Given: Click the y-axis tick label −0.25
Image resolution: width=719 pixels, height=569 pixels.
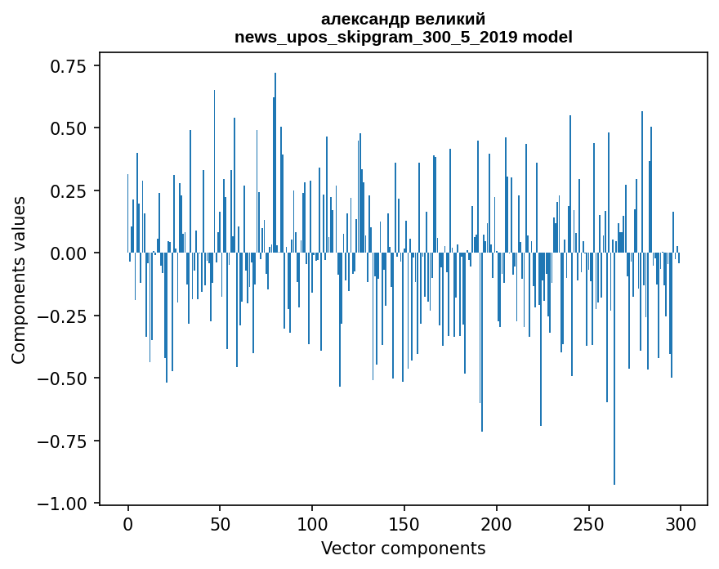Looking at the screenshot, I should pyautogui.click(x=64, y=316).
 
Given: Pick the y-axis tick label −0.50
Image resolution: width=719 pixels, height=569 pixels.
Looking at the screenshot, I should pyautogui.click(x=64, y=379).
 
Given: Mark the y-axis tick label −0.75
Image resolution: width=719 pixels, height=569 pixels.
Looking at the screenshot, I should pyautogui.click(x=64, y=441).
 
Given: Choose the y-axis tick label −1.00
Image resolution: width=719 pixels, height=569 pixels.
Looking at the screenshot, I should pyautogui.click(x=64, y=504).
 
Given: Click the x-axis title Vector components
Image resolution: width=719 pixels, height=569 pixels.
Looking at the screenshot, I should pyautogui.click(x=404, y=549).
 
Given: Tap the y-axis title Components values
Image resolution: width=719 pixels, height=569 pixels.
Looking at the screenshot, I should pyautogui.click(x=19, y=280).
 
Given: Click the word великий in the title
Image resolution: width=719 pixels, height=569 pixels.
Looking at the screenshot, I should pyautogui.click(x=448, y=19).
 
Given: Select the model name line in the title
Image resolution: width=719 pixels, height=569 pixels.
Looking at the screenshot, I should pyautogui.click(x=404, y=37).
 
